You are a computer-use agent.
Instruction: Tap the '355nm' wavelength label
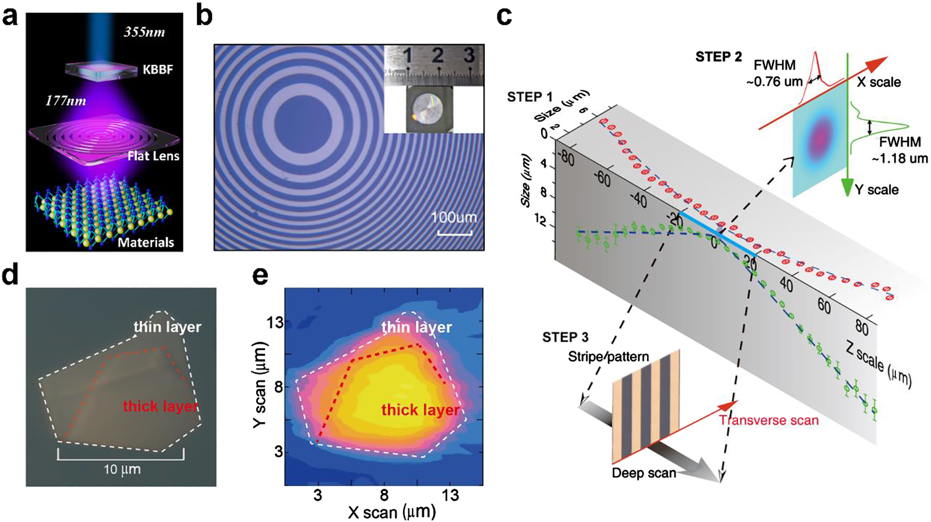144,32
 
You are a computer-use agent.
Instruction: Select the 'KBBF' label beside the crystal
158,69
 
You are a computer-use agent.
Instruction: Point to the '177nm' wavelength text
66,100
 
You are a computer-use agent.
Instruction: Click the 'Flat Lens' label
154,156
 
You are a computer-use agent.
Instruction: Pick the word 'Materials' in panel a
146,242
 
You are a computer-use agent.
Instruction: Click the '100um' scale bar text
454,217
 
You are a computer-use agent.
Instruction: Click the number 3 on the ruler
469,54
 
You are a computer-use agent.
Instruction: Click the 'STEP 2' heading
718,57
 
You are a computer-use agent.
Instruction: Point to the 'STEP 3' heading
565,338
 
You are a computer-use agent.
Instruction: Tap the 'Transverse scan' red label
769,421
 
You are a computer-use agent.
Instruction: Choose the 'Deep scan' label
644,473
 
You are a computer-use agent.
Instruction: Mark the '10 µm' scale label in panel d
122,469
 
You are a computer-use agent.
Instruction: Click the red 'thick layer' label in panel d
160,407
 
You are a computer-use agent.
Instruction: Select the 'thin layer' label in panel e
416,327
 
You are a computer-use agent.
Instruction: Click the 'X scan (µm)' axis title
392,512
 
